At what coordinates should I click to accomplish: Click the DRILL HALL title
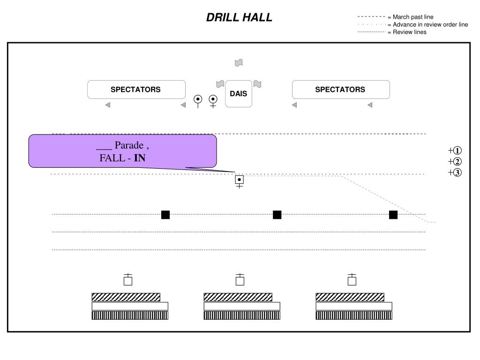pos(239,18)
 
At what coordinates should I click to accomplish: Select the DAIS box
pos(239,94)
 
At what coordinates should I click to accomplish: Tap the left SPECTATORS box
pos(136,90)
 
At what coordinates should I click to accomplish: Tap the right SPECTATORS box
pos(340,90)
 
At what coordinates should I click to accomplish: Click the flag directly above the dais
pos(239,63)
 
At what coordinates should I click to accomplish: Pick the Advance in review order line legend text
pos(430,25)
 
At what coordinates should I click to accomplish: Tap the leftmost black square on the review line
pos(165,215)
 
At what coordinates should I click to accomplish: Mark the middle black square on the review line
pos(277,215)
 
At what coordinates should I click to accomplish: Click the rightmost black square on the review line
pos(393,215)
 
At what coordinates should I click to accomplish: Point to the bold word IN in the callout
pos(140,158)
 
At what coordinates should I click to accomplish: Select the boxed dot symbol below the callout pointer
pos(239,180)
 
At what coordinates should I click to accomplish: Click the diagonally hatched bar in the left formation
pos(126,297)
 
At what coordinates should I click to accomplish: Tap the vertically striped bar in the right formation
pos(354,315)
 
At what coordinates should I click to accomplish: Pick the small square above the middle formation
pos(240,281)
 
